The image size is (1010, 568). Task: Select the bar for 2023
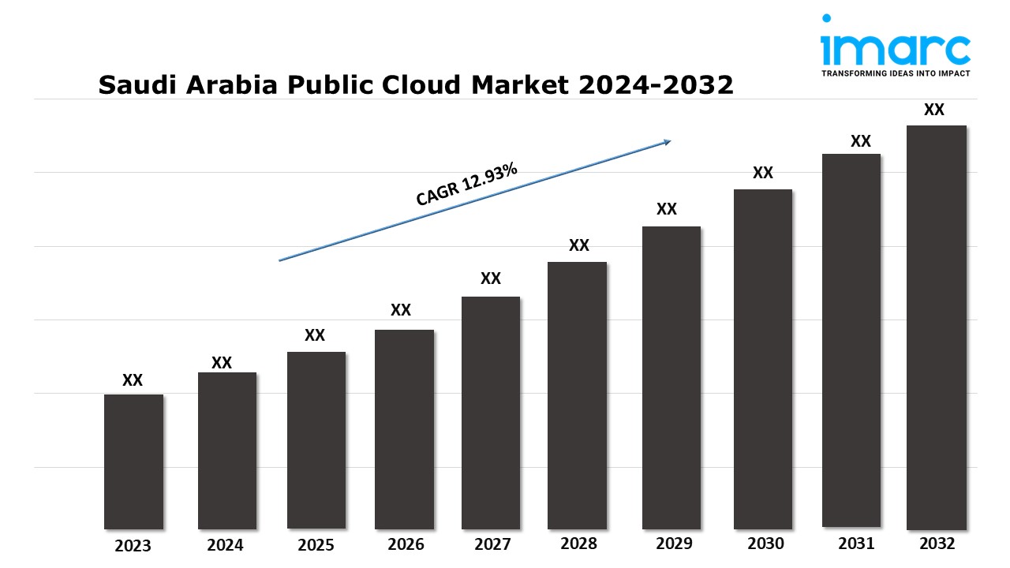point(133,461)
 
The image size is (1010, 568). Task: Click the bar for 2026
point(404,429)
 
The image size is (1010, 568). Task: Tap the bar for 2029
point(671,378)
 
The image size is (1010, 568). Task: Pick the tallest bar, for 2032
point(937,327)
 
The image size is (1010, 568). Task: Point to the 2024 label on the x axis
point(225,545)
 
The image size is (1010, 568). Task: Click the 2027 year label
point(492,544)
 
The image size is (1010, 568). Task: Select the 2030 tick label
point(765,544)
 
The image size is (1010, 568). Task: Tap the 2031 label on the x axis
point(856,544)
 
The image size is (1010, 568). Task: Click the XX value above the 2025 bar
point(315,335)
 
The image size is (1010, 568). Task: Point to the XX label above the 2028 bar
point(579,245)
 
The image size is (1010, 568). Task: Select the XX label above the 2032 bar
point(934,110)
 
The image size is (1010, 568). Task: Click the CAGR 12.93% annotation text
point(466,184)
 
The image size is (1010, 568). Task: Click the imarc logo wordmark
point(896,50)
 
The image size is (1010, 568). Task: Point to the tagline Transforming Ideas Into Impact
point(896,73)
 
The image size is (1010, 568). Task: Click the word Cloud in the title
point(421,84)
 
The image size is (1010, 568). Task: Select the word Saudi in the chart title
point(137,84)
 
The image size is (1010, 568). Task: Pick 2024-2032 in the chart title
point(656,84)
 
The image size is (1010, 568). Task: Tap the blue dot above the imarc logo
point(826,18)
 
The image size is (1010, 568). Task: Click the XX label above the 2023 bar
point(133,380)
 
